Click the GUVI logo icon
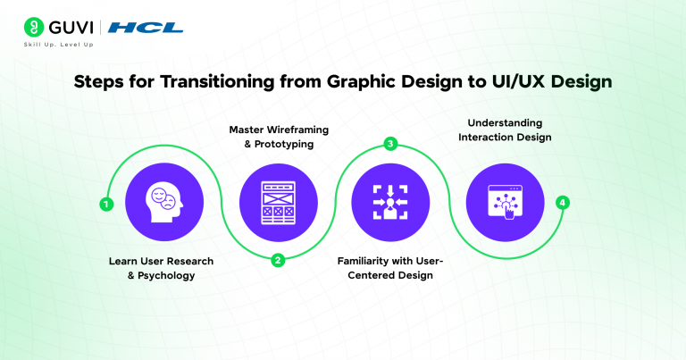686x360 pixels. coord(35,27)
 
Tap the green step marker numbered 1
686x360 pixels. coord(106,204)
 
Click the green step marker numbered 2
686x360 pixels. coord(277,261)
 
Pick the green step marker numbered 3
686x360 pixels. coord(389,143)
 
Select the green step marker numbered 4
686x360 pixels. coord(561,203)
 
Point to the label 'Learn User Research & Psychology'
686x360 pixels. coord(163,267)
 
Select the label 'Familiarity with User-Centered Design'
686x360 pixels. coord(389,267)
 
